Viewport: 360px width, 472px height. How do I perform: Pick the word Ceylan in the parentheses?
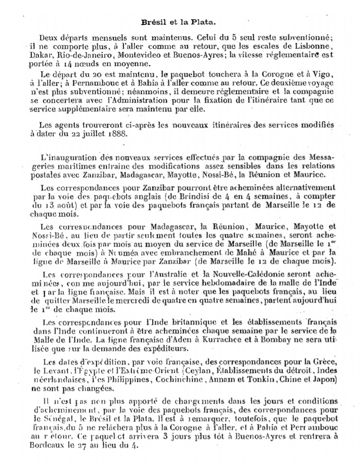pyautogui.click(x=200, y=371)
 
